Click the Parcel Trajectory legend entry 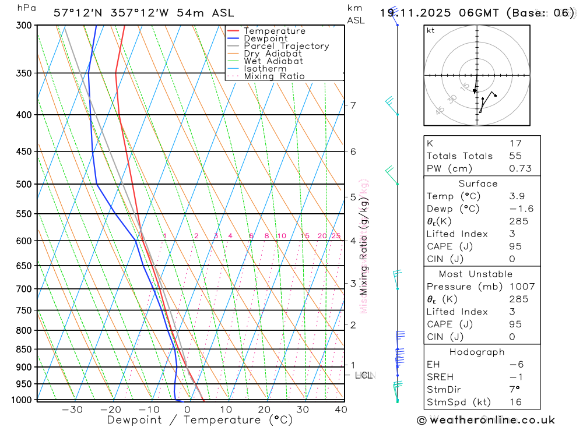coord(286,46)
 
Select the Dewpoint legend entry coord(266,38)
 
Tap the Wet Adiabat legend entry coord(273,61)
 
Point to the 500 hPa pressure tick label coord(24,185)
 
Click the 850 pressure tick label coord(24,350)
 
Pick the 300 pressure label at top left coord(24,26)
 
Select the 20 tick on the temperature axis coord(264,410)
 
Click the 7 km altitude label coord(353,105)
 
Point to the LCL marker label coord(364,375)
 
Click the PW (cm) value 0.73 coord(520,168)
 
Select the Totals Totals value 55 coord(515,156)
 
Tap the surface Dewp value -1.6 coord(521,209)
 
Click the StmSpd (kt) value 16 coord(515,402)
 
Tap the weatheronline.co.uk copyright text coord(486,420)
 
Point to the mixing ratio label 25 coord(336,236)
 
